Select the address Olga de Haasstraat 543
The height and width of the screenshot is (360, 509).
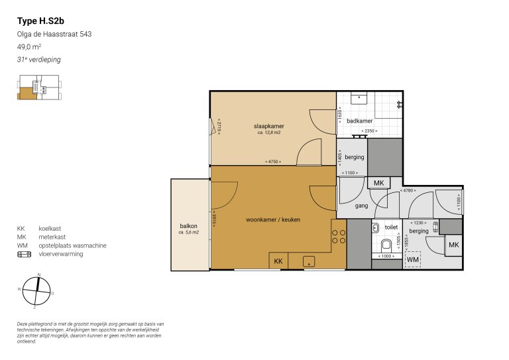54,34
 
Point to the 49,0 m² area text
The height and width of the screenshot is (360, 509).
29,47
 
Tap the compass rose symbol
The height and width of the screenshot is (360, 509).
38,291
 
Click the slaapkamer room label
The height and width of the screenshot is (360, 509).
269,125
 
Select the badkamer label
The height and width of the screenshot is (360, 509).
360,121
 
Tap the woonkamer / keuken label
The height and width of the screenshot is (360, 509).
271,219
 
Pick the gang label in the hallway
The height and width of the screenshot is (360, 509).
361,206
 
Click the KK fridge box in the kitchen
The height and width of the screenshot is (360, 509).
278,261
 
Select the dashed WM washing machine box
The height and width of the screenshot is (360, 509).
414,259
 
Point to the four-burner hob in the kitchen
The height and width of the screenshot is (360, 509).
338,237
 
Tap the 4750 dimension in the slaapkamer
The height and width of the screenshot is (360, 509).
272,162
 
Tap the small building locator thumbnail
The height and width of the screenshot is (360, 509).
38,90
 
